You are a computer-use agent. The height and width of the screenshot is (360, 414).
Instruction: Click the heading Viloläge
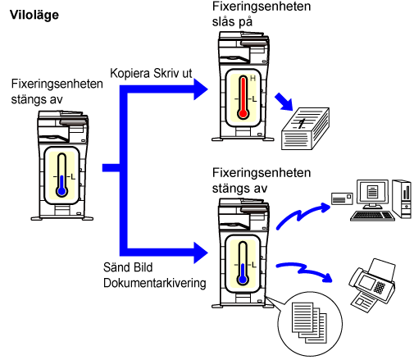(x=34, y=15)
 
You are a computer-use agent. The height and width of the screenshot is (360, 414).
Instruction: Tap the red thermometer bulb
(x=243, y=114)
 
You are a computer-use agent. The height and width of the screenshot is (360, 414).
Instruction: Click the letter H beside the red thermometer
(x=252, y=79)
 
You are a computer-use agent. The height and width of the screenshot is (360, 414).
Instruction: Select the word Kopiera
(x=130, y=73)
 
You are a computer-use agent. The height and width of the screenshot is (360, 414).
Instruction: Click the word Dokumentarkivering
(x=155, y=283)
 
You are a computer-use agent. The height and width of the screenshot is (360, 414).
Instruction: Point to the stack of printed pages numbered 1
(x=305, y=129)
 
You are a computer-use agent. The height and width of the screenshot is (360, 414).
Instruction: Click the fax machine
(x=372, y=285)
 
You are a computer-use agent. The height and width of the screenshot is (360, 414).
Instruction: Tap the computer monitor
(x=372, y=194)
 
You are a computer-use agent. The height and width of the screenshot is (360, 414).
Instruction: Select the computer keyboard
(x=372, y=216)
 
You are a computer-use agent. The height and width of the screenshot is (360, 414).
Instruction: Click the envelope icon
(x=342, y=198)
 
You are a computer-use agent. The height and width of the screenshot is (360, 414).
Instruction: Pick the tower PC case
(x=402, y=199)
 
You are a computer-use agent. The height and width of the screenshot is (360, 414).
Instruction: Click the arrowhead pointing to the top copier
(x=201, y=89)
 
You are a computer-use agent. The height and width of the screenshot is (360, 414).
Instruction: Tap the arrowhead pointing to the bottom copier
(x=201, y=253)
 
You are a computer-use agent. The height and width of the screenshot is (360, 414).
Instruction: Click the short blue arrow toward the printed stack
(x=284, y=102)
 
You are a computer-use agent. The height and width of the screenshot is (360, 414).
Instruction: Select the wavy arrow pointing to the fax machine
(x=305, y=271)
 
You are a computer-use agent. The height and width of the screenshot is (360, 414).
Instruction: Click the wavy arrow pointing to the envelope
(x=303, y=216)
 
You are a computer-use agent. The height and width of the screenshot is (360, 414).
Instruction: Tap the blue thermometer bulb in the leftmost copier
(x=61, y=191)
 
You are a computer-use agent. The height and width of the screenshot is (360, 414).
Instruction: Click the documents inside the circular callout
(x=309, y=323)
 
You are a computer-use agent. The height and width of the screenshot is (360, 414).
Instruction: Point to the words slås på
(x=232, y=22)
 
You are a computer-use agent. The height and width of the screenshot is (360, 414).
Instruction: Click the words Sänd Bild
(x=128, y=267)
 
